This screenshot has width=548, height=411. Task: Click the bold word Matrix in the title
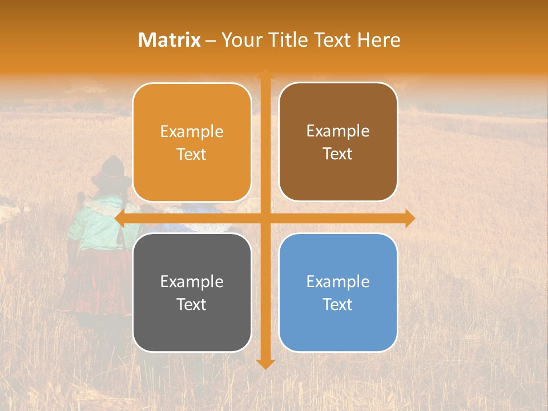(170, 40)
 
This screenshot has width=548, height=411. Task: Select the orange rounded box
(192, 142)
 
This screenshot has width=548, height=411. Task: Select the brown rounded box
(338, 142)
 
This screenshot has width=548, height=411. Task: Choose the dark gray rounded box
(192, 292)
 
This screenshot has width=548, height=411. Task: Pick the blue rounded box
(338, 292)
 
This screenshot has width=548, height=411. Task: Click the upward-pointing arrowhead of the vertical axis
(265, 74)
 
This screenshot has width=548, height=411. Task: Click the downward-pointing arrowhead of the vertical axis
(265, 364)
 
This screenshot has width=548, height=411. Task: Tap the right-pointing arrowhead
(410, 218)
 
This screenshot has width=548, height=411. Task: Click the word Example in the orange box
(192, 131)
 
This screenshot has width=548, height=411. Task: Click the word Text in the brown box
(338, 154)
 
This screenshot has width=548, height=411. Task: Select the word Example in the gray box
(192, 281)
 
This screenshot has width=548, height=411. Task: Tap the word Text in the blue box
(338, 304)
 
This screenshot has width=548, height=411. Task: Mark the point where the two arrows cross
(265, 218)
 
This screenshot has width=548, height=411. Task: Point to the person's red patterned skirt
(94, 280)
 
